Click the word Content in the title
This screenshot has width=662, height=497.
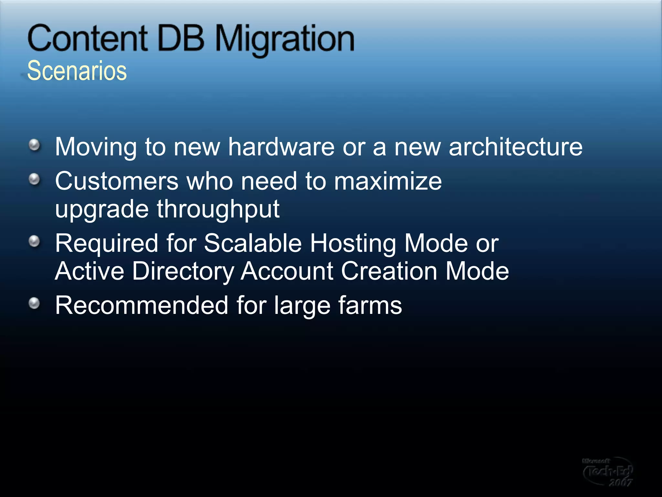tap(88, 39)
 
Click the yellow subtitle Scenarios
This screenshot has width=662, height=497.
tap(77, 71)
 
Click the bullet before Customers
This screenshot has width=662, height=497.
tap(34, 179)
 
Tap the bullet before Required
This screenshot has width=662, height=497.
tap(34, 241)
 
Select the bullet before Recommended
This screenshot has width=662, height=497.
tap(34, 303)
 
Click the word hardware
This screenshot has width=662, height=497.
tap(281, 147)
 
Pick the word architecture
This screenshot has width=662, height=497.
tap(515, 147)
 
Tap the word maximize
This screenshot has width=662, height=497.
tap(388, 181)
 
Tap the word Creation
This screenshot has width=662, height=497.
tap(389, 271)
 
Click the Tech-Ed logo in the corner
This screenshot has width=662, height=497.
tap(607, 471)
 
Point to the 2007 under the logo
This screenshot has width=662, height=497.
tap(620, 483)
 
